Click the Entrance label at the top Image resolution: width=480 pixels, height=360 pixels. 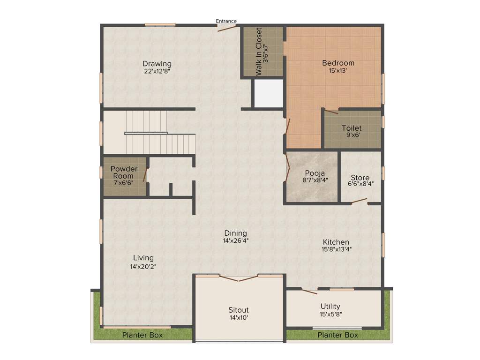(x=226, y=21)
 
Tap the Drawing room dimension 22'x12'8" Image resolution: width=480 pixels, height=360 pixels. (x=157, y=72)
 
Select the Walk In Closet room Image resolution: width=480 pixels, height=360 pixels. (x=262, y=52)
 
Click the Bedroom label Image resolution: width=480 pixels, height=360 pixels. (x=338, y=63)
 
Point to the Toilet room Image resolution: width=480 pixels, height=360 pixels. (x=352, y=130)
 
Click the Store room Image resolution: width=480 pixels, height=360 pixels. (x=360, y=178)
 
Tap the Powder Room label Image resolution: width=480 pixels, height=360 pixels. (x=124, y=172)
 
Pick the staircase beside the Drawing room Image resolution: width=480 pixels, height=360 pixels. (x=149, y=133)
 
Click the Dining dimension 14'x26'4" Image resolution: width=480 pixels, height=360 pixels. (x=235, y=240)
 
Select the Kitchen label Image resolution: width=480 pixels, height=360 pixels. (x=336, y=242)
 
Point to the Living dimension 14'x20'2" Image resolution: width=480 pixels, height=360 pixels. (x=143, y=266)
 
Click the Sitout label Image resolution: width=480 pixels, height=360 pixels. (x=238, y=310)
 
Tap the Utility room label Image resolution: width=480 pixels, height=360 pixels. (x=330, y=307)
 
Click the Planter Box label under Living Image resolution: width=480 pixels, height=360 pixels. (x=142, y=335)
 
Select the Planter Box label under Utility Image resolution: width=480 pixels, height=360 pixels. (x=337, y=335)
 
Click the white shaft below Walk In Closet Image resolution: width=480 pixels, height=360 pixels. (x=269, y=93)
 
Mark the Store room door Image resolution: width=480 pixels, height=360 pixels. (x=360, y=201)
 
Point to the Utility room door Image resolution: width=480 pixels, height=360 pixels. (x=309, y=292)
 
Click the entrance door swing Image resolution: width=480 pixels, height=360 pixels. (x=227, y=28)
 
